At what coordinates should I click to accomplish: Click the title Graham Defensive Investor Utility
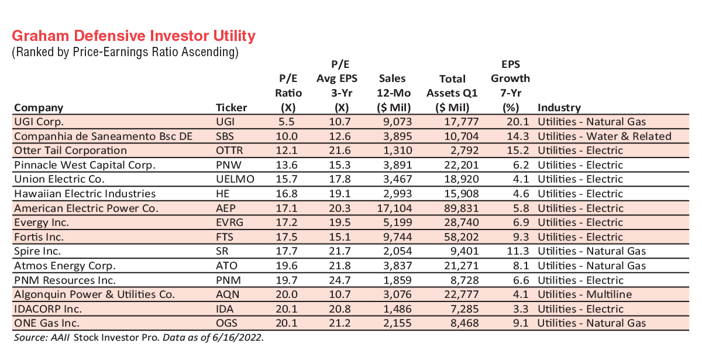point(133,36)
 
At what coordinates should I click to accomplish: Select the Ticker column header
point(232,108)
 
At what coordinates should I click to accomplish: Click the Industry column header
point(559,108)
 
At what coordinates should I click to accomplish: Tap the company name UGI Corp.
point(39,122)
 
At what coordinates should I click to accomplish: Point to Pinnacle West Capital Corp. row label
point(84,165)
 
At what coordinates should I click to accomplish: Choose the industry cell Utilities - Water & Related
point(604,136)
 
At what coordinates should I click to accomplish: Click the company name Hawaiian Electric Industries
point(85,194)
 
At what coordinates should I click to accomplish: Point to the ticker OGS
point(227,323)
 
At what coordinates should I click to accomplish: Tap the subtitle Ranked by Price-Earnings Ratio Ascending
point(125,53)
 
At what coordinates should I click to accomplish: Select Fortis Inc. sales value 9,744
point(395,236)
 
